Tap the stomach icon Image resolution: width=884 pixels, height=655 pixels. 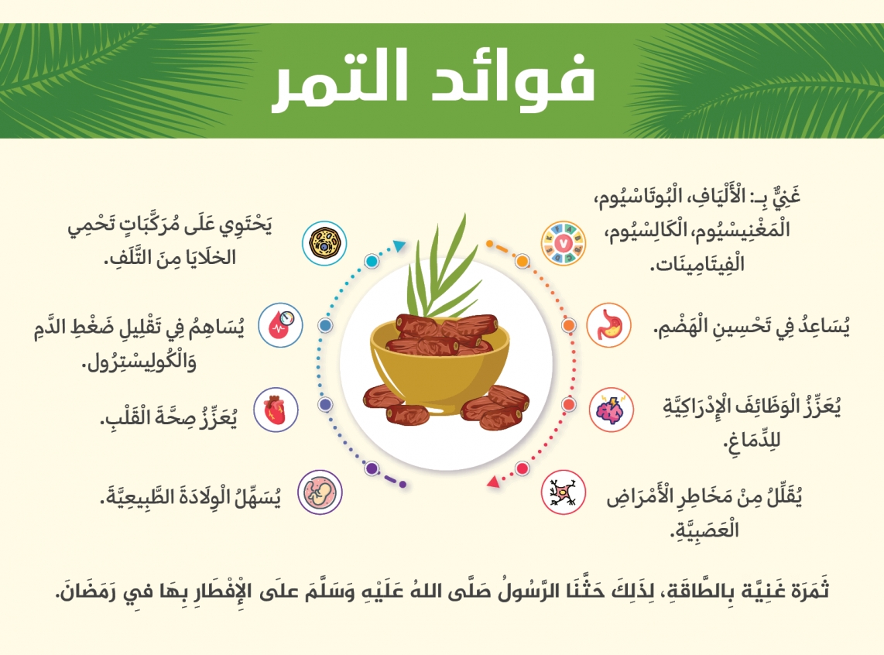608,325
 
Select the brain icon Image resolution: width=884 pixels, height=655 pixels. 611,410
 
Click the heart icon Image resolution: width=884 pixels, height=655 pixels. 275,410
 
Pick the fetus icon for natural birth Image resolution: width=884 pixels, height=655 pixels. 320,492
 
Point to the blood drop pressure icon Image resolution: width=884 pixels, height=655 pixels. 281,325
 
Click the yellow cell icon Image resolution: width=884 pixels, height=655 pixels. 324,244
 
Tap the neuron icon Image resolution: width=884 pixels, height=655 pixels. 564,492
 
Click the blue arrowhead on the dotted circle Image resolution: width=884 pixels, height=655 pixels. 399,245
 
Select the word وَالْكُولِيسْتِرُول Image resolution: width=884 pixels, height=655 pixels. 140,361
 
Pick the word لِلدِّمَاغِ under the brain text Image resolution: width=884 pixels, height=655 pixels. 752,440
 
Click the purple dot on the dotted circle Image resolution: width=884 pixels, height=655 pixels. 372,468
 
